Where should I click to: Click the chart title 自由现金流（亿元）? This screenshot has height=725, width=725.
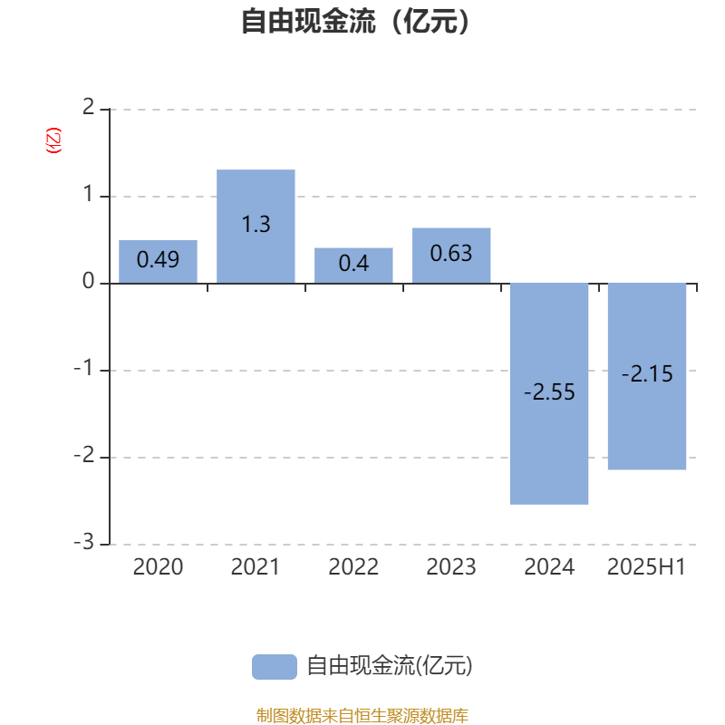pyautogui.click(x=355, y=21)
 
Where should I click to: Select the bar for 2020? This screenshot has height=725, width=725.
pyautogui.click(x=158, y=262)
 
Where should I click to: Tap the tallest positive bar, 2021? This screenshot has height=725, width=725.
pyautogui.click(x=256, y=227)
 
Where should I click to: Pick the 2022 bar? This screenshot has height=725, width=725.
pyautogui.click(x=353, y=266)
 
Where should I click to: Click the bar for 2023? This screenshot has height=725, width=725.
pyautogui.click(x=451, y=256)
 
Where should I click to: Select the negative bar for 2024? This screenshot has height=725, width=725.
pyautogui.click(x=549, y=393)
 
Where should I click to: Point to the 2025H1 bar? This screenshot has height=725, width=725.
pyautogui.click(x=647, y=376)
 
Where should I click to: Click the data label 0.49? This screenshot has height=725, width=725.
pyautogui.click(x=158, y=259)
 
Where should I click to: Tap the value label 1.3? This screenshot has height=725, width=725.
pyautogui.click(x=256, y=224)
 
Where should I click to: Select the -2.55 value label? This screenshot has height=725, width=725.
pyautogui.click(x=549, y=392)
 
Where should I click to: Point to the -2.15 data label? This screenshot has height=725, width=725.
pyautogui.click(x=647, y=373)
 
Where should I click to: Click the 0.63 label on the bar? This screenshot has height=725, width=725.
pyautogui.click(x=451, y=254)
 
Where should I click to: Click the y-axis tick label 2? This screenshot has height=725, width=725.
pyautogui.click(x=88, y=107)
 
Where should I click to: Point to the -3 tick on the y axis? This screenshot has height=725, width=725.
pyautogui.click(x=84, y=541)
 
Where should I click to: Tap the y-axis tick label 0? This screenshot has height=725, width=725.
pyautogui.click(x=88, y=281)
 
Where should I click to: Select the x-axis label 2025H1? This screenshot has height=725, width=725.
pyautogui.click(x=646, y=566)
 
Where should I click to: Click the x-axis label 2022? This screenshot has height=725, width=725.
pyautogui.click(x=353, y=566)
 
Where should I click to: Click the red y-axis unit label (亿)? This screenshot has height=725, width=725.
pyautogui.click(x=53, y=140)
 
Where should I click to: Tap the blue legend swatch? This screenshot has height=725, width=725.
pyautogui.click(x=275, y=667)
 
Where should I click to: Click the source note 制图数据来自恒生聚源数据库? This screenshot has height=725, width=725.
pyautogui.click(x=362, y=715)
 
